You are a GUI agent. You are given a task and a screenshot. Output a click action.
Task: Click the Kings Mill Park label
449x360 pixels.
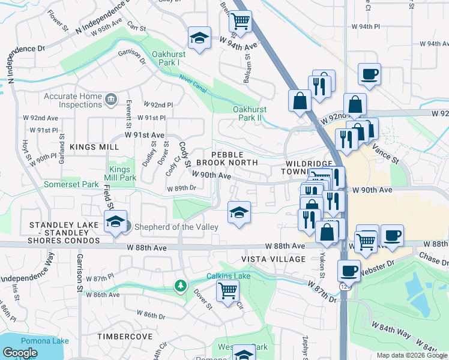tap(124, 174)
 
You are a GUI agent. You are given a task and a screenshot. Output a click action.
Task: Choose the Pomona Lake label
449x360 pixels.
tap(35, 341)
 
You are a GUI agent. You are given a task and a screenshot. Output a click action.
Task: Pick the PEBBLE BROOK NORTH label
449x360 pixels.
tap(234, 158)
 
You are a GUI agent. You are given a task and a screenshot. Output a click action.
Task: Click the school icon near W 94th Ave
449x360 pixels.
tap(199, 38)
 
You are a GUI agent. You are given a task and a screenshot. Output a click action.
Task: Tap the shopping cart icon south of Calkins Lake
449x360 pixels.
tap(228, 292)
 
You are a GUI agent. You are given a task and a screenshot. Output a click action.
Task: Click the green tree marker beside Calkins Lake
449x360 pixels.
tap(179, 285)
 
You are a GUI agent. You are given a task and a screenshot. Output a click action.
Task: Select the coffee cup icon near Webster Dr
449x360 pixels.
tap(349, 271)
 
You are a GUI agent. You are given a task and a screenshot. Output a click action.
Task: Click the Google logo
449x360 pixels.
tap(20, 353)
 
